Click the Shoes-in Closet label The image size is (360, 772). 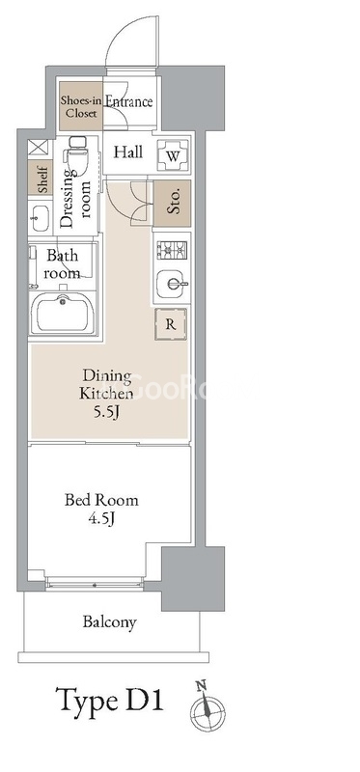coord(81,106)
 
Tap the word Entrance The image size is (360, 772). coord(129,102)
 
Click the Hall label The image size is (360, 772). coord(128,152)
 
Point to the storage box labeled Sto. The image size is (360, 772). coord(173,204)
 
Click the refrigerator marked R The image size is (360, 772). coord(171,324)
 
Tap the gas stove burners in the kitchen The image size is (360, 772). coord(172,250)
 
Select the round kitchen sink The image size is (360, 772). coord(172,284)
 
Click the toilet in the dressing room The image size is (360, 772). coord(77,155)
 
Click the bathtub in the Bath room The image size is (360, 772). coord(62,313)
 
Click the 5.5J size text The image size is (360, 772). coord(106,413)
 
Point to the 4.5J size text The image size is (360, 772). coord(102,518)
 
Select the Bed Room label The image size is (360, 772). coord(101,500)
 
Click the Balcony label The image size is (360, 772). coord(109,622)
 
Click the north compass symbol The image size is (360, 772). coord(208,706)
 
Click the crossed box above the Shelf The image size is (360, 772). coord(38,149)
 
